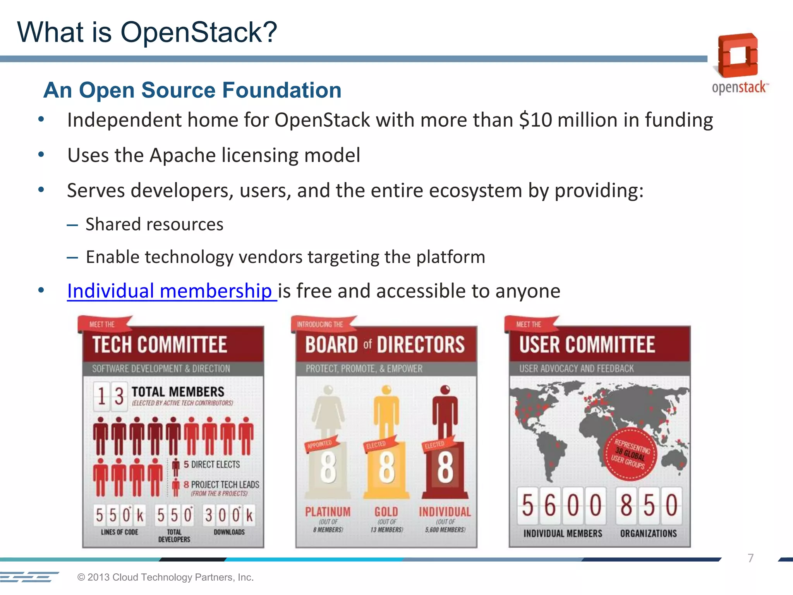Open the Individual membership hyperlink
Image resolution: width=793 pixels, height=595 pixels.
coord(170,291)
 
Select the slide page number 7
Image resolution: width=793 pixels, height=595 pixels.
coord(750,558)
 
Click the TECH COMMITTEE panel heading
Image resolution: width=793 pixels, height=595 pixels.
coord(160,344)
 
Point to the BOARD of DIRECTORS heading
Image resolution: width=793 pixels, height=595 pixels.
coord(384,344)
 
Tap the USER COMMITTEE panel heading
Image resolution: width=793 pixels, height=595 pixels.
coord(587,344)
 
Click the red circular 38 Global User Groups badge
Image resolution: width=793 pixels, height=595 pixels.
coord(631,454)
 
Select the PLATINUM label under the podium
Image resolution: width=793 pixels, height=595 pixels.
coord(328,512)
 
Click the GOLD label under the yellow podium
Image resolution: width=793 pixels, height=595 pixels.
coord(386,512)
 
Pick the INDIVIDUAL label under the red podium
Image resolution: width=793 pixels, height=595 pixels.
coord(445,512)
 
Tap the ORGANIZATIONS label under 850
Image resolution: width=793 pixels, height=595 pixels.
coord(649,533)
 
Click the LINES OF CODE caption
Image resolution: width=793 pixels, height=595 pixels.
coord(119,532)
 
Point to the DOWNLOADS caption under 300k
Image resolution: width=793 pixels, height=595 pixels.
coord(229,532)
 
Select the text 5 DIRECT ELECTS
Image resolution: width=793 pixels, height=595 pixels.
coord(211,464)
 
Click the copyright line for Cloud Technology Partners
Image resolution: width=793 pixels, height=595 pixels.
coord(165,577)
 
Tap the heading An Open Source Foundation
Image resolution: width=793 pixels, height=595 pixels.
coord(192,90)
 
